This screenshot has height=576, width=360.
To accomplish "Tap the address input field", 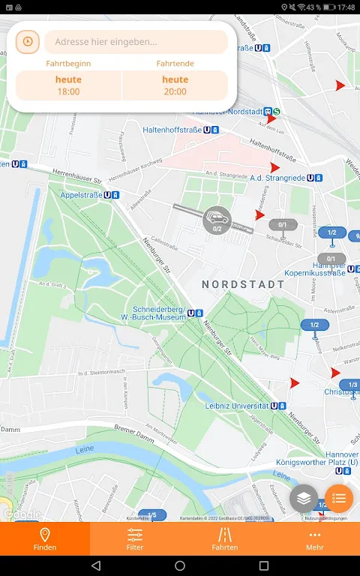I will click(x=136, y=42).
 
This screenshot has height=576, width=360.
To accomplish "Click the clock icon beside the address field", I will click(x=28, y=42).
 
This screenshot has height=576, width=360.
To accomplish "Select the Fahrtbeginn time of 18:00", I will click(x=68, y=85).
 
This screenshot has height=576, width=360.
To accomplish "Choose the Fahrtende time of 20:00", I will click(x=175, y=85).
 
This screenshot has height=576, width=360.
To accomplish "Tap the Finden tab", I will click(x=45, y=538).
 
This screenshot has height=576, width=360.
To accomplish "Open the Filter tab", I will click(x=135, y=538).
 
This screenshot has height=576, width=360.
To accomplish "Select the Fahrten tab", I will click(x=225, y=538).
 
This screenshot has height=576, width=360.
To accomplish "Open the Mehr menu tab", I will click(x=315, y=538).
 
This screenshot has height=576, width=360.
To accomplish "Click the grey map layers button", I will click(x=304, y=498).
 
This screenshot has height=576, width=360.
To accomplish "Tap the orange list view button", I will click(x=339, y=498).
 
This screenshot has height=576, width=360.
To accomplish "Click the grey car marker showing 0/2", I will click(x=217, y=220).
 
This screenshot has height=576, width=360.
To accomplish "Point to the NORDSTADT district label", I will click(x=244, y=285).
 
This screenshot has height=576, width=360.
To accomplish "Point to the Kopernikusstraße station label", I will click(x=314, y=273).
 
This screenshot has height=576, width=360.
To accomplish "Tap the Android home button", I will click(x=180, y=565).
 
